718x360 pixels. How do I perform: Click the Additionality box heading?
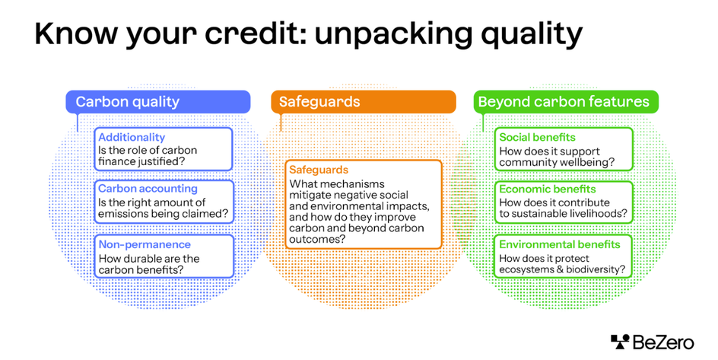(132, 138)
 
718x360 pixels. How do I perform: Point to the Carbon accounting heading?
(148, 189)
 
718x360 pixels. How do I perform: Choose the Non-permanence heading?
(145, 245)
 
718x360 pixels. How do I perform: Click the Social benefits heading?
(537, 138)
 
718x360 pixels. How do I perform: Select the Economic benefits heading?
(548, 189)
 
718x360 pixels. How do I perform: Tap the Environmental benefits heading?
(560, 245)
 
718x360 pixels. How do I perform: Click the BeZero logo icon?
(621, 342)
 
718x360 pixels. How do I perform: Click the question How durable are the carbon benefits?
(149, 263)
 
